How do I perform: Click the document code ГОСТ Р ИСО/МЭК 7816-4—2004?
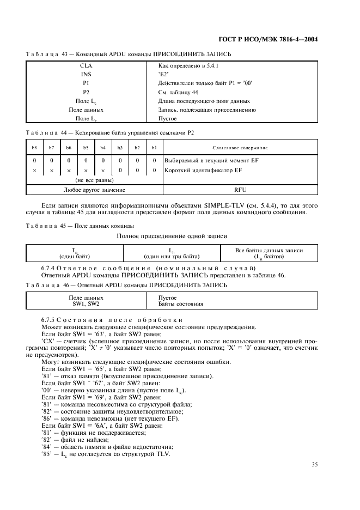pos(277,40)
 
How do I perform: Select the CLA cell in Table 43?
pos(86,66)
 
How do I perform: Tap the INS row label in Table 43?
pos(86,75)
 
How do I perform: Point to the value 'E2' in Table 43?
pos(163,75)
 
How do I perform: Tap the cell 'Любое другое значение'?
pos(94,190)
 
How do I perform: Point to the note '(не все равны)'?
pos(94,180)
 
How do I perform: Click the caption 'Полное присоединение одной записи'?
pos(172,236)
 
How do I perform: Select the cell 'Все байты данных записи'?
pos(269,250)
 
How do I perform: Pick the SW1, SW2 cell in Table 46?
pos(86,303)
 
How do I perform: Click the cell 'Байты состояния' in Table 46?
pos(178,303)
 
